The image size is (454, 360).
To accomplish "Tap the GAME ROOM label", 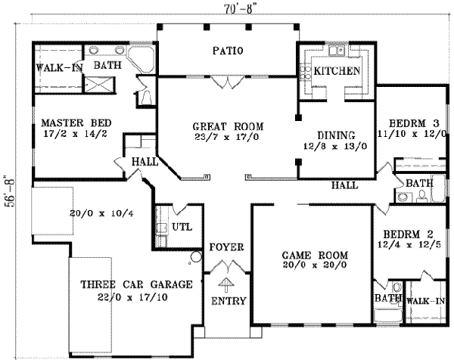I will (309, 256).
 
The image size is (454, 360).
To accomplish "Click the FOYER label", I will (225, 247).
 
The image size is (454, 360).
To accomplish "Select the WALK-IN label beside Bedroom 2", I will (426, 300).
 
